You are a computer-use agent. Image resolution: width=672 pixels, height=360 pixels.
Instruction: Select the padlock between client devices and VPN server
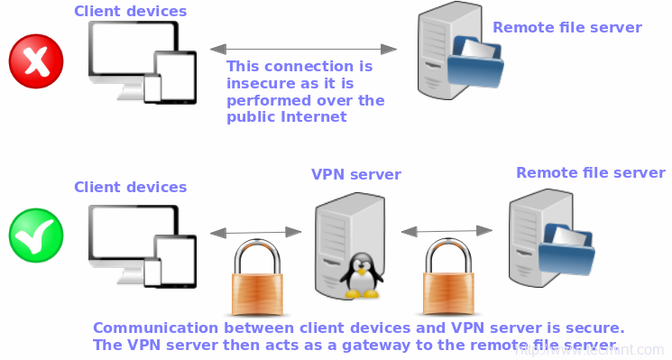point(261,273)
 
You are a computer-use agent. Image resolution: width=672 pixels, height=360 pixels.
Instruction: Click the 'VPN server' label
point(356,174)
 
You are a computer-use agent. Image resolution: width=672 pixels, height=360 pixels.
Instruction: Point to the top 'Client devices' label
point(130,12)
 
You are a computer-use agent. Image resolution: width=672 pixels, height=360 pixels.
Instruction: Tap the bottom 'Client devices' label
point(130,188)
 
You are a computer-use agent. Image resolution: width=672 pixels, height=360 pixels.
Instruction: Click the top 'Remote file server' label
point(566,27)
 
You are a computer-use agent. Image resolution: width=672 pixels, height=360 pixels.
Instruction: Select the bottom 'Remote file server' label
point(590,172)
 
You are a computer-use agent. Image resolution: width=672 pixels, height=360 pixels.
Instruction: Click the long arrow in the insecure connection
point(303,46)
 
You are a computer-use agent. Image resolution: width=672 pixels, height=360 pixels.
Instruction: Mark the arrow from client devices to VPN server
point(255,233)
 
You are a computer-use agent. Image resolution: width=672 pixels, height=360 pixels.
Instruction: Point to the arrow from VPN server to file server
point(447,232)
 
